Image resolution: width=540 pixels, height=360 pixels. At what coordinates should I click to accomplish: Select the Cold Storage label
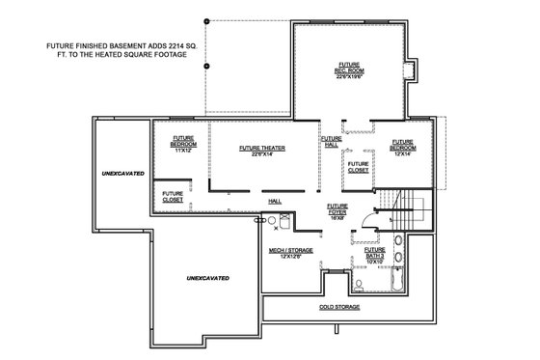pyautogui.click(x=339, y=307)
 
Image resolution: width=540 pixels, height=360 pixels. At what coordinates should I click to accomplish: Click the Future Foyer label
pyautogui.click(x=337, y=208)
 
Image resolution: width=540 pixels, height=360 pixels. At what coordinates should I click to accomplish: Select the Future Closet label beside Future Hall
pyautogui.click(x=358, y=167)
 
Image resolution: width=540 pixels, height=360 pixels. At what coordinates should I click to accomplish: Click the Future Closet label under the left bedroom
pyautogui.click(x=173, y=196)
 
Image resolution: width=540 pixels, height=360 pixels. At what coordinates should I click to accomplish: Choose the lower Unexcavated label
pyautogui.click(x=207, y=278)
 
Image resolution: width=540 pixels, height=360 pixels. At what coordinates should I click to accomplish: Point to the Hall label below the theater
pyautogui.click(x=275, y=201)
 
